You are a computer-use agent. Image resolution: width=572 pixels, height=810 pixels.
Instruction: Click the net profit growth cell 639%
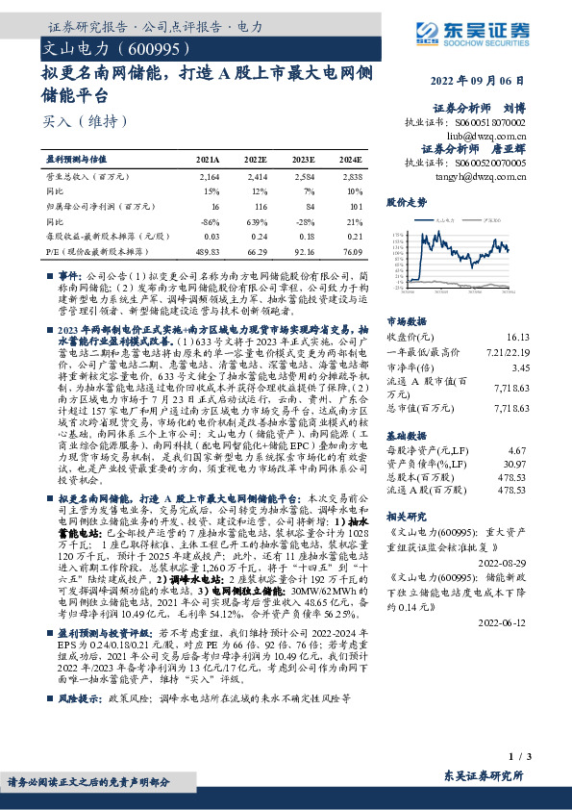(255, 220)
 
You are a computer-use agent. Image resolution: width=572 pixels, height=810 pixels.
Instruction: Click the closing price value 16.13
(517, 338)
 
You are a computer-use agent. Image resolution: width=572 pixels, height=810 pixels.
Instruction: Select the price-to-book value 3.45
(520, 367)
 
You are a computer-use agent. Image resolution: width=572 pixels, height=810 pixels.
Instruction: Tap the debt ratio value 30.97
(517, 465)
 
